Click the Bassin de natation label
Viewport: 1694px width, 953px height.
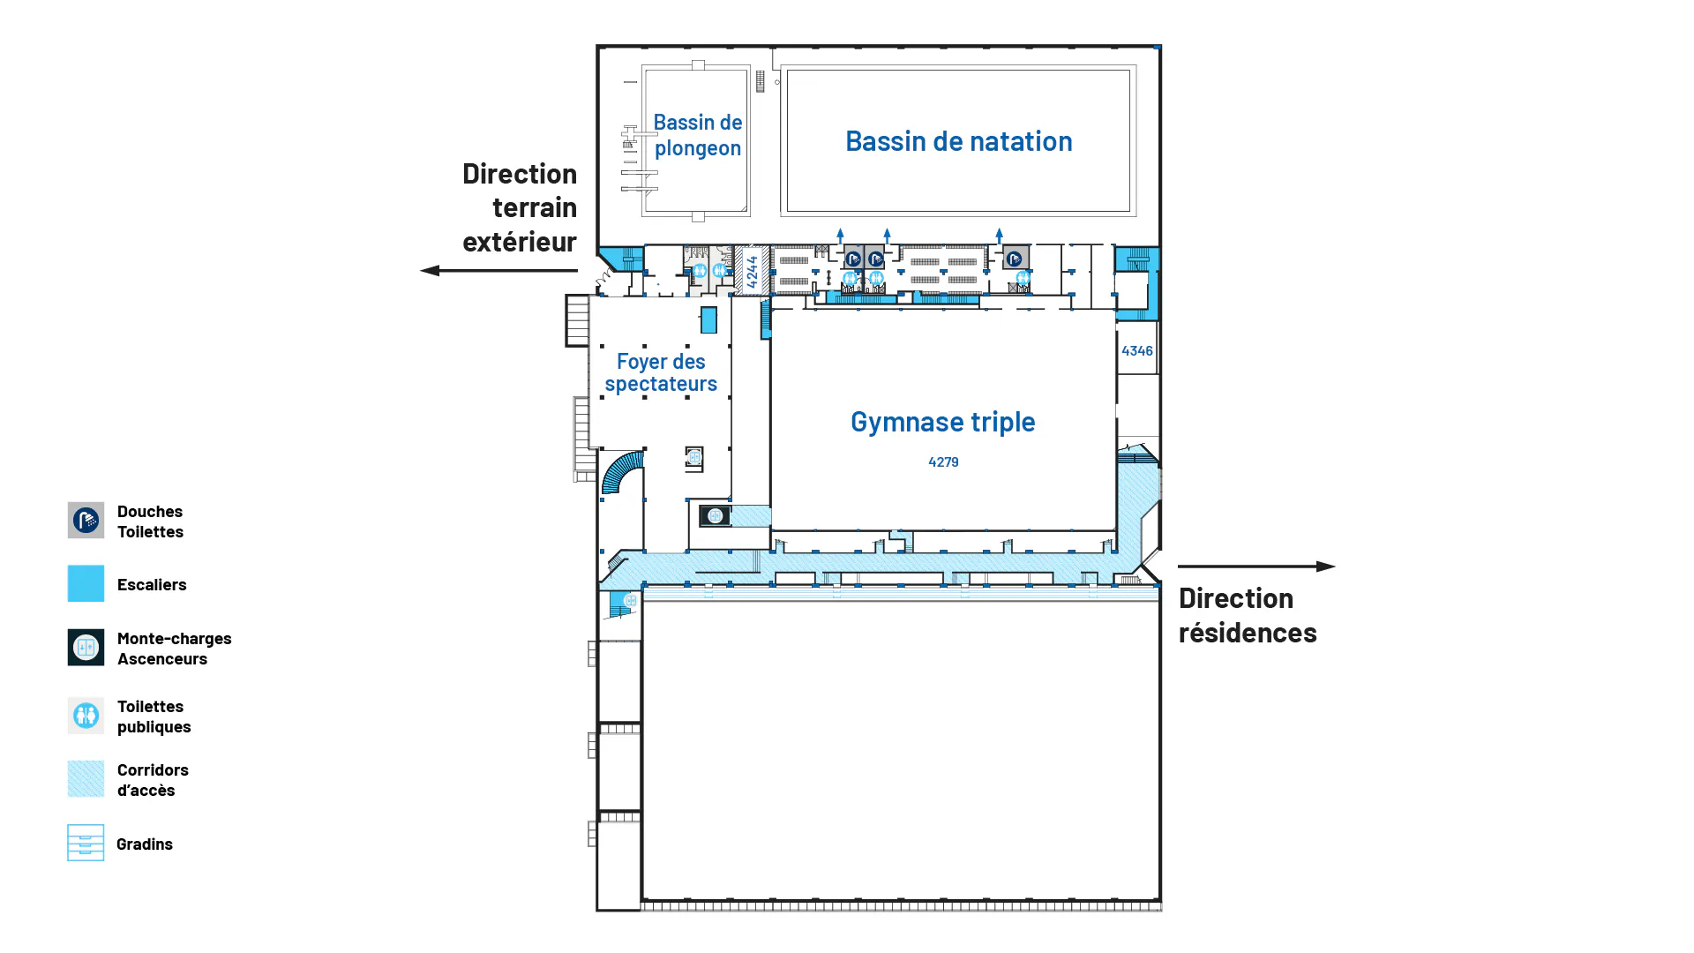point(958,141)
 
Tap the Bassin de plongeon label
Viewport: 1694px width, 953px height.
point(697,135)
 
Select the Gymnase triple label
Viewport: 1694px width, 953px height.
point(942,422)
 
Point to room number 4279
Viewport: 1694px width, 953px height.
point(943,461)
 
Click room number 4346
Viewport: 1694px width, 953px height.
point(1136,350)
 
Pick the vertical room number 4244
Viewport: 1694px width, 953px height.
point(752,271)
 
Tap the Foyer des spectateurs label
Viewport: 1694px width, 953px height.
point(661,372)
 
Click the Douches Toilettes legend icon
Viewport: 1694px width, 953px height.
point(86,521)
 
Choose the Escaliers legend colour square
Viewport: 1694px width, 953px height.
point(86,583)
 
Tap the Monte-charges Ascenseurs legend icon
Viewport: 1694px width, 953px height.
point(86,648)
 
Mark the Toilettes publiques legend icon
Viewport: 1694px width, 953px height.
point(86,716)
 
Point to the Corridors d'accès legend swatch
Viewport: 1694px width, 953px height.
point(86,779)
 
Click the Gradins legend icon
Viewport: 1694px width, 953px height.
point(86,843)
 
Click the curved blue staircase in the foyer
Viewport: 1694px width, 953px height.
point(622,473)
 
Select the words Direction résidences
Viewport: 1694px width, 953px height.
point(1247,615)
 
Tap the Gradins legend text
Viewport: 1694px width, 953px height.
point(145,844)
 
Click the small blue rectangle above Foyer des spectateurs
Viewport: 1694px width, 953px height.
point(708,319)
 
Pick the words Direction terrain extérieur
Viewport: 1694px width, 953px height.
point(520,207)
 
